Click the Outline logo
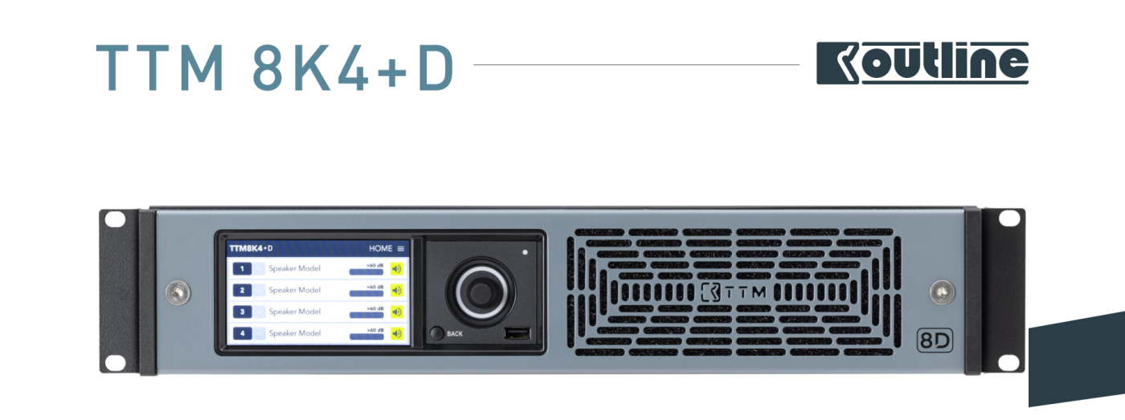point(922,63)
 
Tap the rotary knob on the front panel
point(480,286)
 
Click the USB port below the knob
point(515,333)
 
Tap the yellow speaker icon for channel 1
point(396,268)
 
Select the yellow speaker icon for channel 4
point(396,332)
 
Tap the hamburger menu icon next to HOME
point(401,249)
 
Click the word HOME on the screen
point(380,249)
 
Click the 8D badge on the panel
point(935,340)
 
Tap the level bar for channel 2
point(366,294)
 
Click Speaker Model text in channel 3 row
point(295,312)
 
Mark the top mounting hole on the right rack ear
point(1008,218)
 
